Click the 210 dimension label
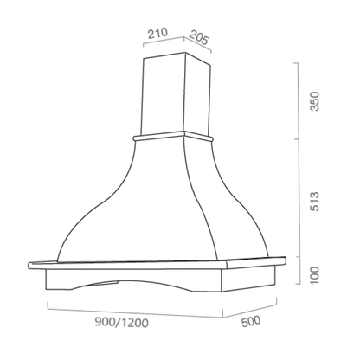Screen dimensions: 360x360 click(157, 33)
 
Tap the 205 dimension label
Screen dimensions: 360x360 click(198, 38)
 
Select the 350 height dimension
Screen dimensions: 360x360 click(314, 101)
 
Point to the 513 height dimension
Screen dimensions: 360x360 click(314, 202)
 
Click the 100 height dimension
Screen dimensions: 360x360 click(314, 275)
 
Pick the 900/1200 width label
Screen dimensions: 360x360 click(122, 322)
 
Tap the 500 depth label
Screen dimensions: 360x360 click(251, 321)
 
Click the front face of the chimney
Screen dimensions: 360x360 click(164, 93)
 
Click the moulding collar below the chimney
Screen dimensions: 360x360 click(173, 136)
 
